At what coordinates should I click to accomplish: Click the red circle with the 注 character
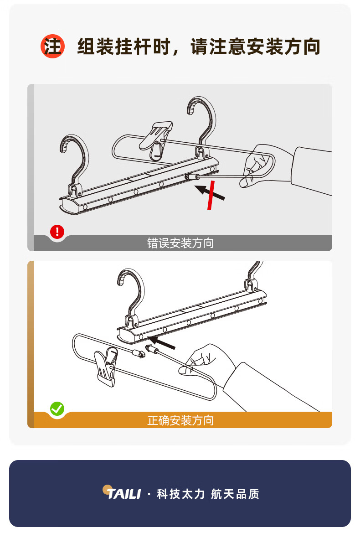coord(52,46)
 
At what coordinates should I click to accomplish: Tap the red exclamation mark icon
coord(57,231)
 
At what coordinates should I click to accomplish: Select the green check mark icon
coord(57,409)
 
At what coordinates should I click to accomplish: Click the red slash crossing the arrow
coord(211,195)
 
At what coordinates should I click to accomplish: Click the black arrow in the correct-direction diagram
coord(161,342)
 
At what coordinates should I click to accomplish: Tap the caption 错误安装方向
coord(180,243)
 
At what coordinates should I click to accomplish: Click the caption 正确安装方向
coord(180,420)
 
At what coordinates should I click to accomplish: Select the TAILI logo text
coord(123,494)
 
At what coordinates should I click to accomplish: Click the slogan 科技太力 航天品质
coord(208,494)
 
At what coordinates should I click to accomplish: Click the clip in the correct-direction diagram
coord(106,367)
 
